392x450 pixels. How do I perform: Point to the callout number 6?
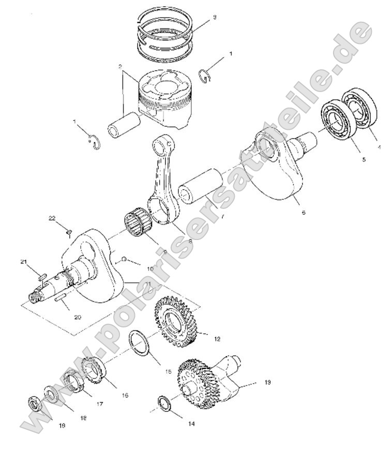(303, 212)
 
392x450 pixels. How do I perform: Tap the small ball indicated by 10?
(124, 259)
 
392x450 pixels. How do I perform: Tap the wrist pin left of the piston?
(124, 127)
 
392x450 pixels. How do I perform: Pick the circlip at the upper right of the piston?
(207, 76)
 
